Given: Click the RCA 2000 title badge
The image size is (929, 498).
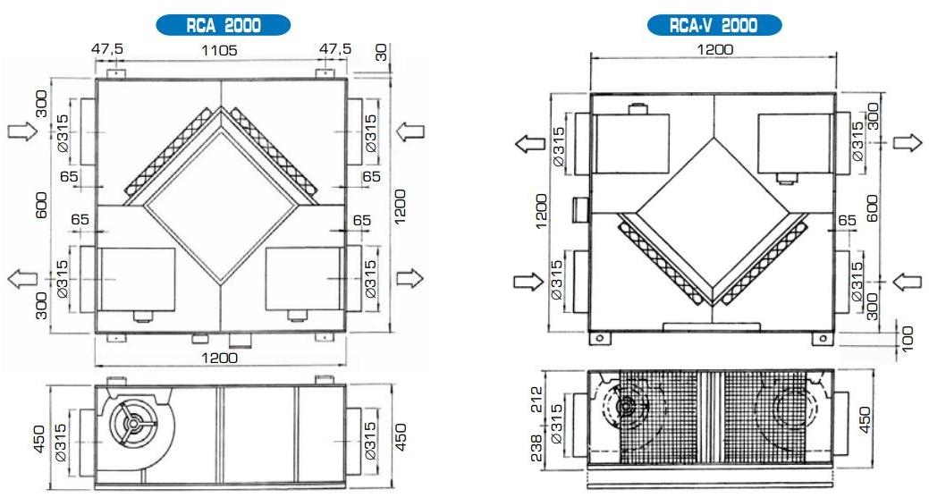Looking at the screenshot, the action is coord(224,25).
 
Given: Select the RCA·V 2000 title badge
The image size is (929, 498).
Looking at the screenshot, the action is coord(714,25).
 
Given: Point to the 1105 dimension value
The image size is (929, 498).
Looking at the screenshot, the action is coord(219,50).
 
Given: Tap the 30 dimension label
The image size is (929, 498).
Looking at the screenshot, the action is coord(381,53).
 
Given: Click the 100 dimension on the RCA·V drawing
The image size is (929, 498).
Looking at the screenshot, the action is coord(907,338).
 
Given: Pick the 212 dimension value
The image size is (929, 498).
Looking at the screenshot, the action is coord(536,400).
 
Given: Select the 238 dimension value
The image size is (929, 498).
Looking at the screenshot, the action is coord(536,448).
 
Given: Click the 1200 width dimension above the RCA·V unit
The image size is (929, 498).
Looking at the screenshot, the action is coord(714,49).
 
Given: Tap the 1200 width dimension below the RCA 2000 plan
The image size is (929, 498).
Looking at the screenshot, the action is coord(219,358).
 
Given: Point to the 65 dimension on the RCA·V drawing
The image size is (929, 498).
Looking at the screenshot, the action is coord(848,220).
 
